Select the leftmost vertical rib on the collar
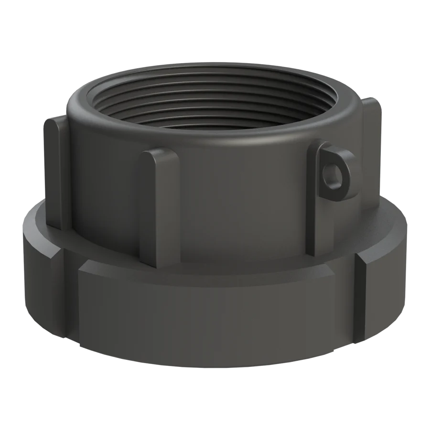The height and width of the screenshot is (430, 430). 53,172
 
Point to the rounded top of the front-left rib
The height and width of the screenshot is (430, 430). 155,158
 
